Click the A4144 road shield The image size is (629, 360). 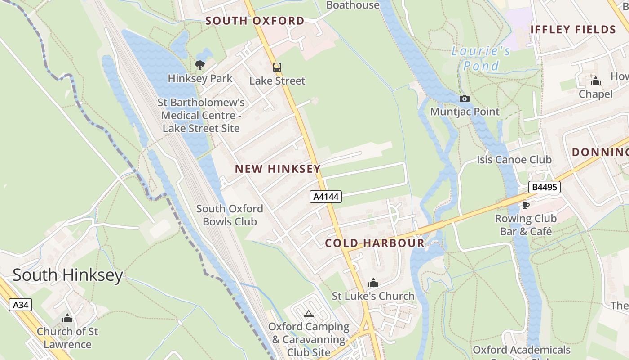[326, 197]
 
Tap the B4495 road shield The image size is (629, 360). [544, 187]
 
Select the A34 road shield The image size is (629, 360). [21, 305]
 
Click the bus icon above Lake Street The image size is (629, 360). [277, 67]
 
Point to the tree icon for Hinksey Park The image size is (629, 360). [200, 65]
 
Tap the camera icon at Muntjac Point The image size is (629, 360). [465, 99]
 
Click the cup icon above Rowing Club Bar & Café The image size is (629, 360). [525, 205]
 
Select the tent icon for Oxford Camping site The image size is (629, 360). [308, 314]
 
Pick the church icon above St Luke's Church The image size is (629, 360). [373, 283]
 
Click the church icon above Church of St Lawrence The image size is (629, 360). [67, 318]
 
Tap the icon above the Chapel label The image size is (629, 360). [596, 81]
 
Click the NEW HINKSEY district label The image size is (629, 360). [278, 169]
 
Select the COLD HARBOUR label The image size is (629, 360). [374, 243]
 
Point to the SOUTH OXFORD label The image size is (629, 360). [255, 21]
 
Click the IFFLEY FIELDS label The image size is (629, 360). [573, 30]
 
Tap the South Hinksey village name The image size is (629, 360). [67, 274]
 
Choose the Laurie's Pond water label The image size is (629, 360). [481, 58]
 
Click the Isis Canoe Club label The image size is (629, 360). [514, 160]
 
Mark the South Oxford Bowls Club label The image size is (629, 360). [230, 215]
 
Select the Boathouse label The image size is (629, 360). [353, 5]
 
